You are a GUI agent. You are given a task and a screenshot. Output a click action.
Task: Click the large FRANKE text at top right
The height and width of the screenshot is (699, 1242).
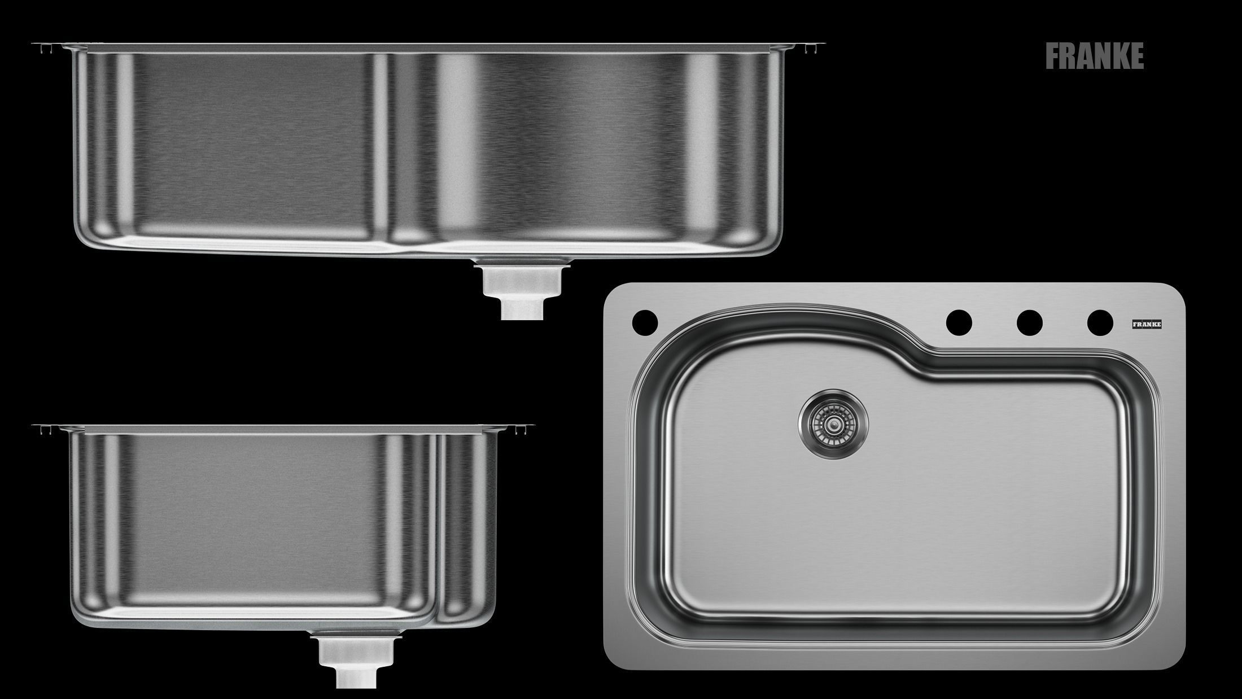[x=1094, y=56]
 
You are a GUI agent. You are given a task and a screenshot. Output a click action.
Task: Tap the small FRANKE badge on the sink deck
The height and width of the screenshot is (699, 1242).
[x=1146, y=325]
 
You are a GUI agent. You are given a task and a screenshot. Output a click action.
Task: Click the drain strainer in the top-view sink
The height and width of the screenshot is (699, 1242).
[x=833, y=423]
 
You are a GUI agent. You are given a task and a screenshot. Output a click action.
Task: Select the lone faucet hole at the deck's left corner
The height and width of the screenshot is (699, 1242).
[x=645, y=322]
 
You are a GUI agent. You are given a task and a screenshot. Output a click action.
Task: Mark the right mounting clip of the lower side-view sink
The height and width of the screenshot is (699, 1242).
[x=523, y=430]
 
